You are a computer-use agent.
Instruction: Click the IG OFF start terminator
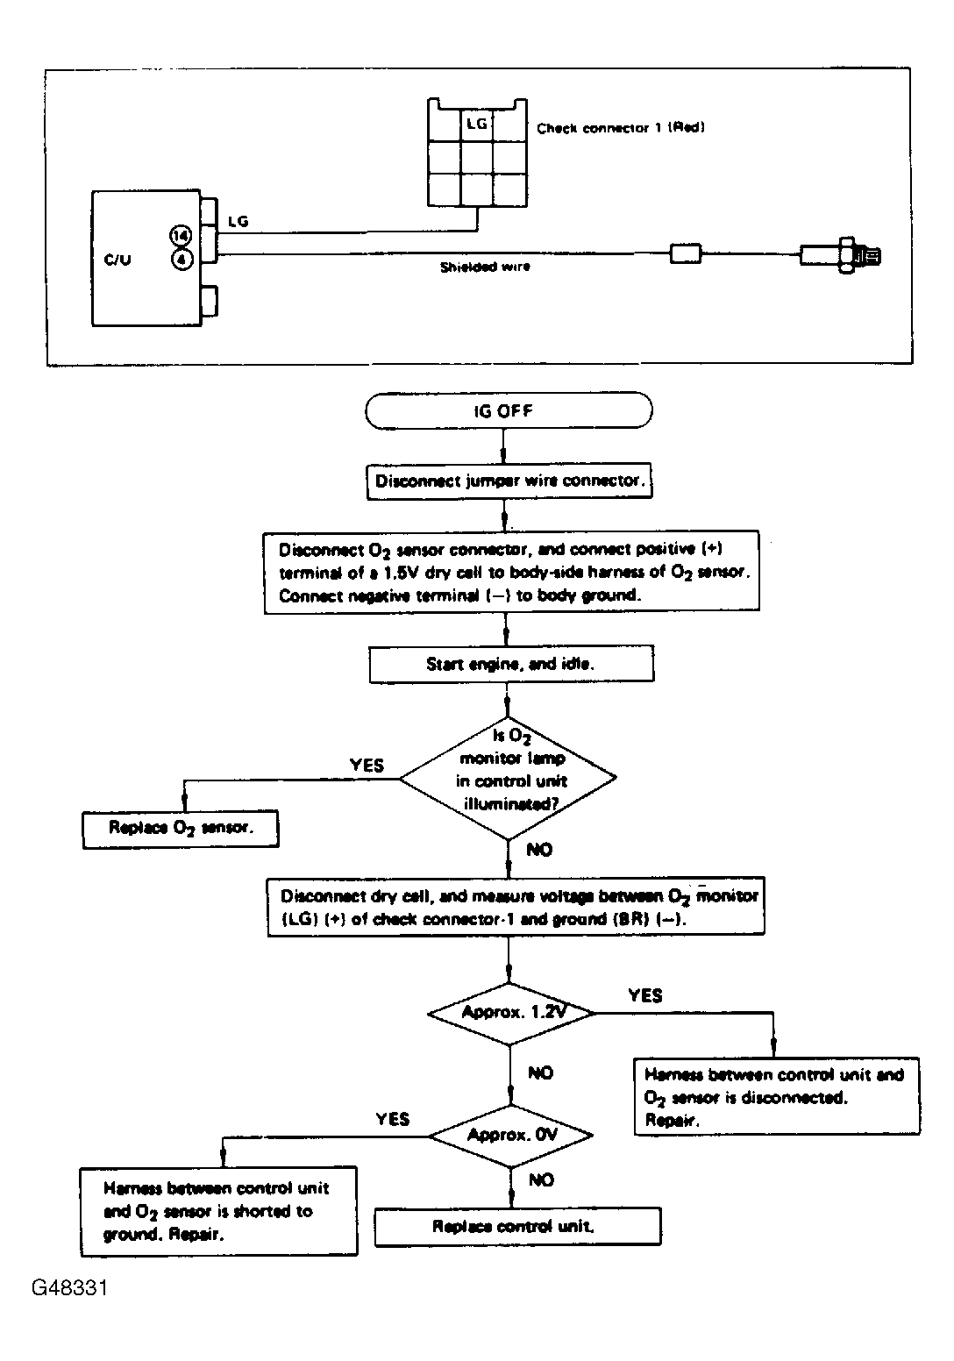tap(509, 410)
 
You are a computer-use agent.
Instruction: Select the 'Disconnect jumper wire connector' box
tap(509, 481)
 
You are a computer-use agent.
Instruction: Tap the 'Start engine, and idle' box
tap(511, 664)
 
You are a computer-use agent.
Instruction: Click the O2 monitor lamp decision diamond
tap(508, 779)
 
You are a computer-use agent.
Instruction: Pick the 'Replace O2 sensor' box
tap(181, 829)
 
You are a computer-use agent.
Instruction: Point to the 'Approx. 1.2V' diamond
tap(511, 1013)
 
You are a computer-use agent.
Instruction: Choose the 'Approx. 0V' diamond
tap(510, 1135)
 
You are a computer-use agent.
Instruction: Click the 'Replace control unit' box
tap(517, 1227)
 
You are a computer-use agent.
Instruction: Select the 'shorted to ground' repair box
tap(218, 1211)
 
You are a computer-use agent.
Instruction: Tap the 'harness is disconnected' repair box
tap(777, 1097)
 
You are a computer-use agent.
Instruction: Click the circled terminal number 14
tap(181, 235)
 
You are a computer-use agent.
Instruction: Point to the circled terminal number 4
tap(182, 260)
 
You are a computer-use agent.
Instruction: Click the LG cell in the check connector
tap(476, 125)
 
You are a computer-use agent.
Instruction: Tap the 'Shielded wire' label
tap(485, 267)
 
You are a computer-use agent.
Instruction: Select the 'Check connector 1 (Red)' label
tap(621, 128)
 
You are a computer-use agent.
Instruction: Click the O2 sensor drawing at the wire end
tap(840, 255)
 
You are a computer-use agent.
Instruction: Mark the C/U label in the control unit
tap(117, 260)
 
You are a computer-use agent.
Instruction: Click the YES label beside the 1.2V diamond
tap(644, 996)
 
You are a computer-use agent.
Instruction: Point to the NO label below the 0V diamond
tap(541, 1180)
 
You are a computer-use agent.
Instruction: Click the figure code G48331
tap(69, 1288)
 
